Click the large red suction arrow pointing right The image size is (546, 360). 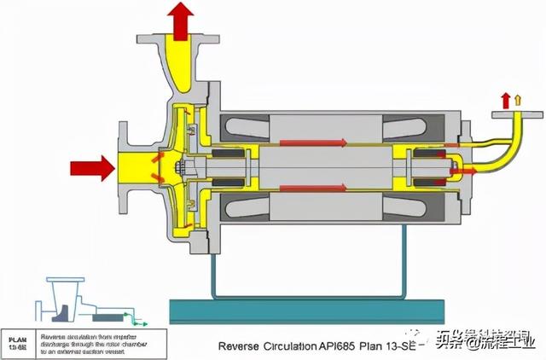click(93, 167)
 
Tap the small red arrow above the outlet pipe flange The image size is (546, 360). click(504, 98)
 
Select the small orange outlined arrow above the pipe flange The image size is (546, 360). click(517, 99)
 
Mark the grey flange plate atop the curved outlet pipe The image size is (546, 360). click(511, 111)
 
